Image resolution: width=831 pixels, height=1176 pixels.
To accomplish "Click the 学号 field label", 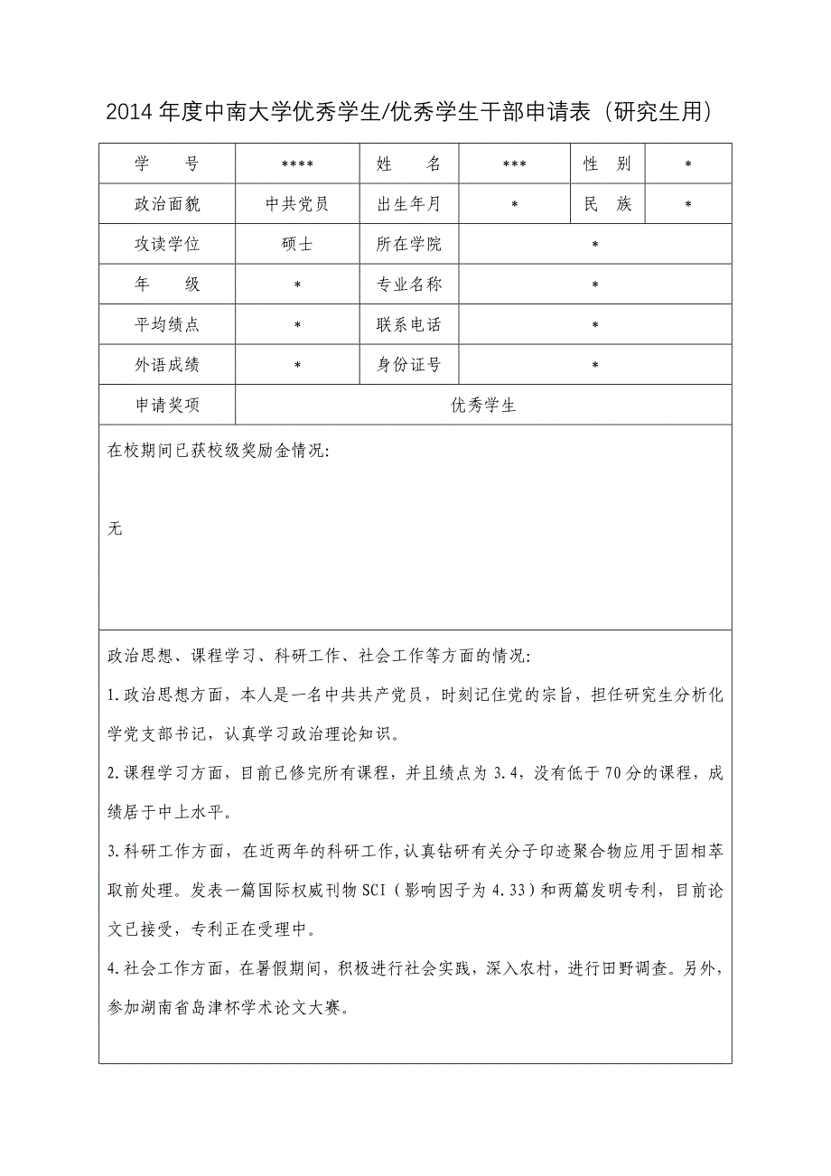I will click(x=167, y=164).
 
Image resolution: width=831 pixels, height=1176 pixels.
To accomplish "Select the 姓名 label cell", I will click(x=409, y=164).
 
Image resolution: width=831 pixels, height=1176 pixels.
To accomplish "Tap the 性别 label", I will click(x=608, y=164).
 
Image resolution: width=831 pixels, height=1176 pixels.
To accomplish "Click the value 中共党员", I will click(x=297, y=204).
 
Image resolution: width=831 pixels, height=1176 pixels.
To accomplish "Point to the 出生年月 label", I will click(x=409, y=204).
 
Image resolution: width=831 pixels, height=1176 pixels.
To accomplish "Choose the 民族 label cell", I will click(x=608, y=204).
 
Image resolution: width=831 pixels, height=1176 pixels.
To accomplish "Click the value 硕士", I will click(x=297, y=245).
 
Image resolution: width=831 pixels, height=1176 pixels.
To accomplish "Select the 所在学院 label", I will click(x=409, y=245).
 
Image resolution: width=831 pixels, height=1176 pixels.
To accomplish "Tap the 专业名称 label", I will click(x=409, y=285).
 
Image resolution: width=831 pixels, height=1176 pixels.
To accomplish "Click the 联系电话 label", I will click(x=409, y=325).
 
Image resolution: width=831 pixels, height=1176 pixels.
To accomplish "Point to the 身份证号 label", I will click(x=409, y=365).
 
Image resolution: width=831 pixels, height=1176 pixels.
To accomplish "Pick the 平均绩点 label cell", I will click(x=167, y=325).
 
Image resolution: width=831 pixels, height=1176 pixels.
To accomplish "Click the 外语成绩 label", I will click(x=167, y=365).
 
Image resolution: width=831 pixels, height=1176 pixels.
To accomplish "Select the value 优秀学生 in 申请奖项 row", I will click(x=483, y=406).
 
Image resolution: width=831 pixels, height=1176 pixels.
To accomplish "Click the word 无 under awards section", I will click(x=115, y=528).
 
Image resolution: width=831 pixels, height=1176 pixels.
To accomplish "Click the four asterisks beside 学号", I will click(x=297, y=165).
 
